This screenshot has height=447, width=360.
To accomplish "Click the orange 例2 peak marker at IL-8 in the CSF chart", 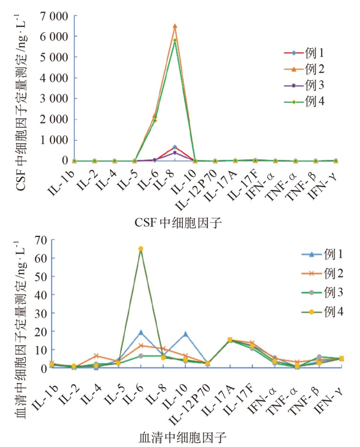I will [x=175, y=26].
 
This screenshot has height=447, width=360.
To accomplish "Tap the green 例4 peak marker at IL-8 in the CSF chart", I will [x=175, y=40].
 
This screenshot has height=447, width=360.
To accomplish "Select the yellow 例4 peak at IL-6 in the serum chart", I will [x=140, y=249].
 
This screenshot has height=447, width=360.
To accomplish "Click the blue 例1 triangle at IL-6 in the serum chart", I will [x=140, y=332].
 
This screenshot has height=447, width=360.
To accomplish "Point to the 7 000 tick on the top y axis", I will [x=55, y=16].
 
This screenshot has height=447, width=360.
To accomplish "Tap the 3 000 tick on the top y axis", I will [x=55, y=99].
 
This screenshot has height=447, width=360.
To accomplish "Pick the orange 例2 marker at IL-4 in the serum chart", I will [x=97, y=356].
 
